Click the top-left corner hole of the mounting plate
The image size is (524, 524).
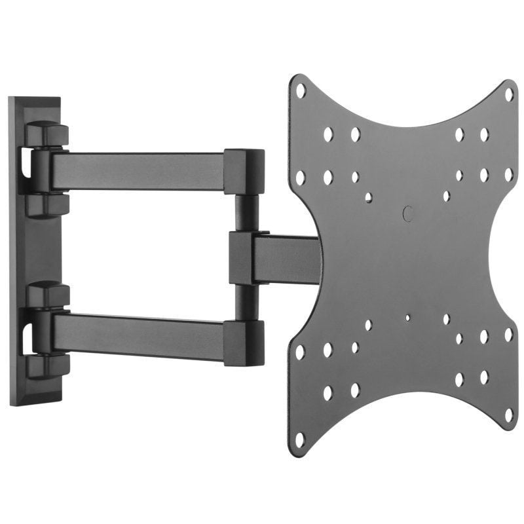coord(301,90)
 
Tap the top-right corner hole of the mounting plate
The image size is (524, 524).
coord(508,94)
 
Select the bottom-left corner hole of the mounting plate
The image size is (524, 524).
coord(300,438)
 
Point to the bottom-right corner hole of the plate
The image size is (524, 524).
coord(508,415)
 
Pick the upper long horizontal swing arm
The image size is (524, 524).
coord(138,170)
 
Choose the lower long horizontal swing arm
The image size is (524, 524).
coord(138,331)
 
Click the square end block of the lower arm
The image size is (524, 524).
coord(244,342)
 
